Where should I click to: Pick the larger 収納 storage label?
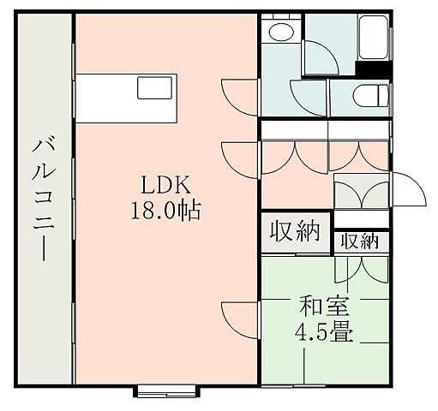point(296,231)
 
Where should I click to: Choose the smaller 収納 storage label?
point(360,241)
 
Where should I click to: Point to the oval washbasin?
point(279,33)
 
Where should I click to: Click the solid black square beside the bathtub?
point(373,69)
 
